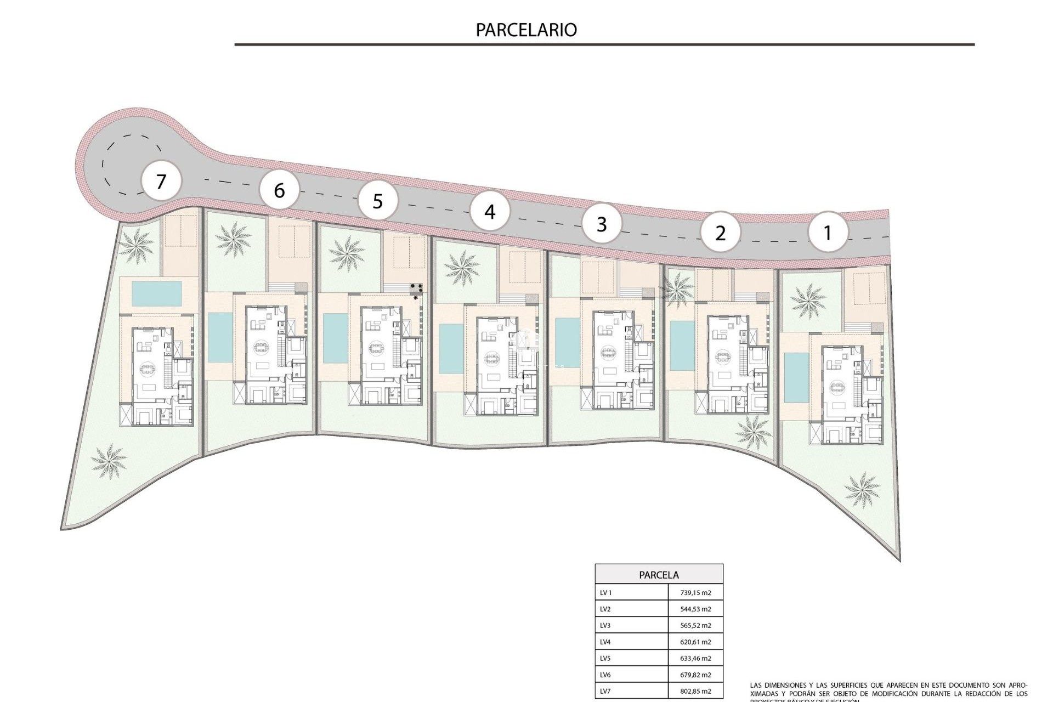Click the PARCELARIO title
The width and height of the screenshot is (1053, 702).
[x=526, y=30]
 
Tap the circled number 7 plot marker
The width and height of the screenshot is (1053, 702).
[x=161, y=181]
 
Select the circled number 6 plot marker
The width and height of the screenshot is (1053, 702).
[x=279, y=190]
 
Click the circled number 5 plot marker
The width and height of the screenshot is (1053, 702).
[x=377, y=201]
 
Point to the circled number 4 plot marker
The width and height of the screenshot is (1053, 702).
[x=490, y=211]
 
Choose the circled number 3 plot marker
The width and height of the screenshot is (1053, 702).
[x=602, y=224]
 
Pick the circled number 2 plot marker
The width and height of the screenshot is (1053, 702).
[x=720, y=233]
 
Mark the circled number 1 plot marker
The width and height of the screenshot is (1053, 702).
[x=828, y=233]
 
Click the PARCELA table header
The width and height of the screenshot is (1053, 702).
[x=659, y=575]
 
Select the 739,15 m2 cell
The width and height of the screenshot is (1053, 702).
[x=695, y=593]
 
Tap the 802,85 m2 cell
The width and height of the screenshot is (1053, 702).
[x=695, y=691]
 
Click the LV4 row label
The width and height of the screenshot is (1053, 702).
[x=605, y=642]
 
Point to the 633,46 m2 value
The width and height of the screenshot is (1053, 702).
[x=695, y=658]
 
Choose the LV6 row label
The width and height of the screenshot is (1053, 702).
[x=605, y=675]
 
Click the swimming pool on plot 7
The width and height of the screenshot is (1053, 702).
[x=157, y=293]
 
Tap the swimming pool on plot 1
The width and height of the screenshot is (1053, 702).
[x=792, y=377]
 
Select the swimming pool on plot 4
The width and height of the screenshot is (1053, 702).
[x=451, y=348]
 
